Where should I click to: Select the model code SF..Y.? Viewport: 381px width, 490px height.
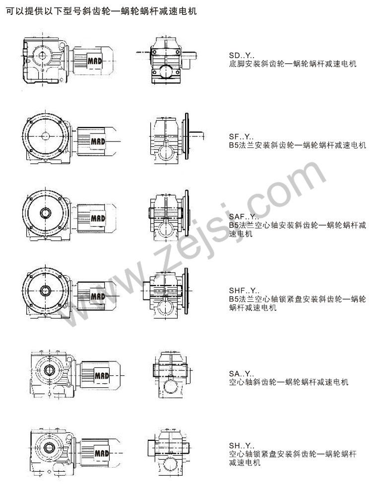point(241,137)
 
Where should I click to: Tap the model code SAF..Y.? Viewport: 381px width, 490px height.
point(244,216)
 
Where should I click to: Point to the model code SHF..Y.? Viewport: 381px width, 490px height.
point(244,290)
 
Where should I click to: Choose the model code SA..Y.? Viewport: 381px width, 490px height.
point(242,373)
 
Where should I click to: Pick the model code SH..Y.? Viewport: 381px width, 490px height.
point(242,446)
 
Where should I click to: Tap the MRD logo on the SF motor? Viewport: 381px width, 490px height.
point(98,141)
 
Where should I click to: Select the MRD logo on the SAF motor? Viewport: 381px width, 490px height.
point(98,218)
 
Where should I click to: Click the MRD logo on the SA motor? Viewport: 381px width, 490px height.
point(102,375)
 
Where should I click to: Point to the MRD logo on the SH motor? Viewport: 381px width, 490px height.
point(102,453)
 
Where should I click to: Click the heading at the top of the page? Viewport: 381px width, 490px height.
point(101,11)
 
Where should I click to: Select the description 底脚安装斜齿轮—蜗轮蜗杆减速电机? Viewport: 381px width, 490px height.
point(293,64)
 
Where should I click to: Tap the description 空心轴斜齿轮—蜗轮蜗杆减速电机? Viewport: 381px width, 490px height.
point(289,382)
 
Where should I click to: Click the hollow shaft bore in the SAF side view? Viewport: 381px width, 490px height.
point(46,213)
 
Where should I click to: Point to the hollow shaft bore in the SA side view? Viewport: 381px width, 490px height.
point(49,370)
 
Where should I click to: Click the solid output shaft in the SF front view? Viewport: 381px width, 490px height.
point(197,136)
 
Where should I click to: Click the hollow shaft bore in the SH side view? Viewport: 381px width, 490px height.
point(49,447)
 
